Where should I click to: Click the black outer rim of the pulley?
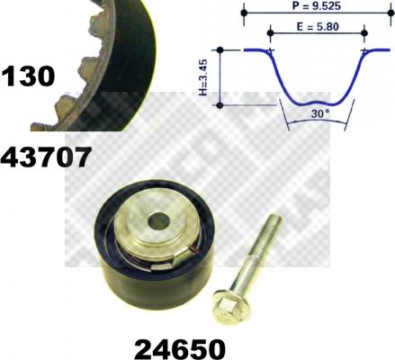coord(117,270)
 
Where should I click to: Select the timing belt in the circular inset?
coord(99,54)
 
